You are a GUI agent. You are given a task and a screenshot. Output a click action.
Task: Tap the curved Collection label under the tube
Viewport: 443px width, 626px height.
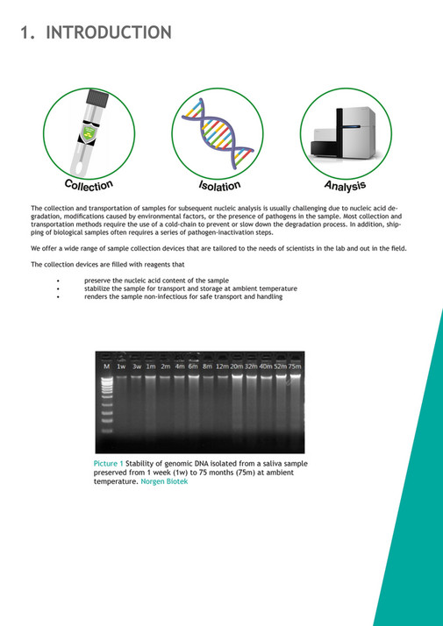coord(89,185)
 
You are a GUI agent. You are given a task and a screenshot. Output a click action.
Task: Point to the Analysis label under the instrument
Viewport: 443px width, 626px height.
coord(345,185)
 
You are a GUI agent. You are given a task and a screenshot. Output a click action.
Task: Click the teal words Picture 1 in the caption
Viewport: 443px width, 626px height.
coord(110,463)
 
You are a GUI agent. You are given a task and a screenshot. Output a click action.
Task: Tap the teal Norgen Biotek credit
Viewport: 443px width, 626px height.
coord(163,480)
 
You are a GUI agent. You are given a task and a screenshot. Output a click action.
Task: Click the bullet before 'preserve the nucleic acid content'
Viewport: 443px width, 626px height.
coord(57,281)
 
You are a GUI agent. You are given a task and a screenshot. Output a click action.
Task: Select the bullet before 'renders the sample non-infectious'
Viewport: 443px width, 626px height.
coord(57,296)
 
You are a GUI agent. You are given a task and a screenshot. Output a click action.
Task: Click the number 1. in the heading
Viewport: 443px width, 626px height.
coord(28,33)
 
